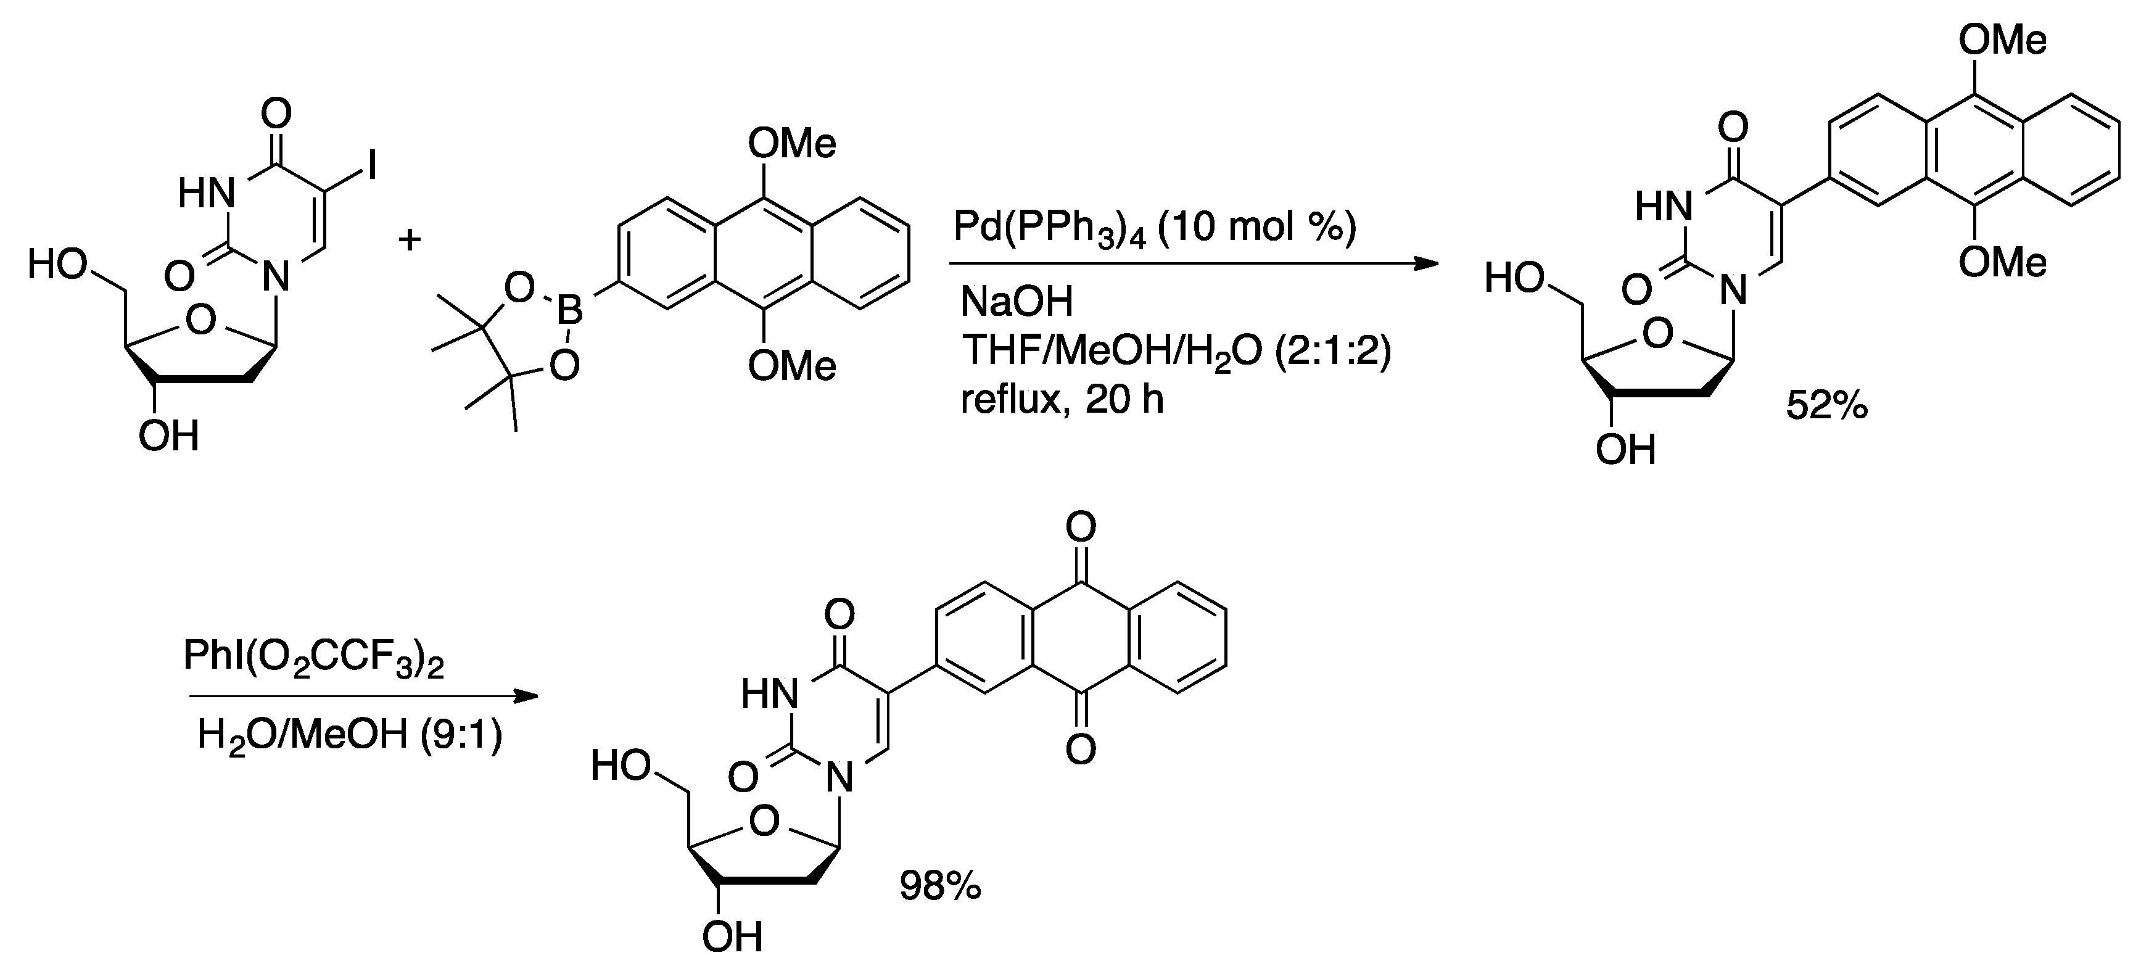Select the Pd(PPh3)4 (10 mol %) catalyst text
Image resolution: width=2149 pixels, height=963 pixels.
point(1155,226)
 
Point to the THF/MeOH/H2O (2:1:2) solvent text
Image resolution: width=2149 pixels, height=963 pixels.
point(1176,350)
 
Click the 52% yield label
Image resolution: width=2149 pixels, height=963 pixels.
point(1827,407)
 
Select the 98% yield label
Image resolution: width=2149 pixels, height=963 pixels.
point(939,887)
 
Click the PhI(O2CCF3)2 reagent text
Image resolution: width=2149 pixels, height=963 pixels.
point(313,658)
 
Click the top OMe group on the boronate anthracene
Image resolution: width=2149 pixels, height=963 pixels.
point(791,144)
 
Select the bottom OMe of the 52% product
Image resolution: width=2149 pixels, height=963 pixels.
point(2002,263)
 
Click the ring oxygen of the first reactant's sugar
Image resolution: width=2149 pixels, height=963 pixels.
point(201,320)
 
